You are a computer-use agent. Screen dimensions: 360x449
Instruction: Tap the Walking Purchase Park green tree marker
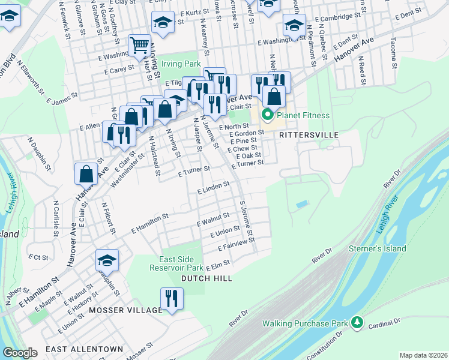[358, 323]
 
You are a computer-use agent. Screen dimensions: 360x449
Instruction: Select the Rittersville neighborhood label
[309, 135]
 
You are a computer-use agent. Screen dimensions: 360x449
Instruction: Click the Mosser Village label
[125, 310]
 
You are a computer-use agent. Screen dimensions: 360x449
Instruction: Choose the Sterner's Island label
[378, 248]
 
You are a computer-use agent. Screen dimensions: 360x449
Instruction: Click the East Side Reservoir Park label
[181, 264]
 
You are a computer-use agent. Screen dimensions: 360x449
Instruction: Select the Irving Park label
[183, 63]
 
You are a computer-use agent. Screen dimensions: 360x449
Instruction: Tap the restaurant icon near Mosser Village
[172, 299]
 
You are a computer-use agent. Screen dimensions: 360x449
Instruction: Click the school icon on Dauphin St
[107, 260]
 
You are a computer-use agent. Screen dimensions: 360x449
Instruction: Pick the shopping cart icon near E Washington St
[139, 46]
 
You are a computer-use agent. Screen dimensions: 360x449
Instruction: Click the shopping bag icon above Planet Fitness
[274, 96]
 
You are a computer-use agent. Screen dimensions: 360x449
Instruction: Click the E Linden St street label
[214, 188]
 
